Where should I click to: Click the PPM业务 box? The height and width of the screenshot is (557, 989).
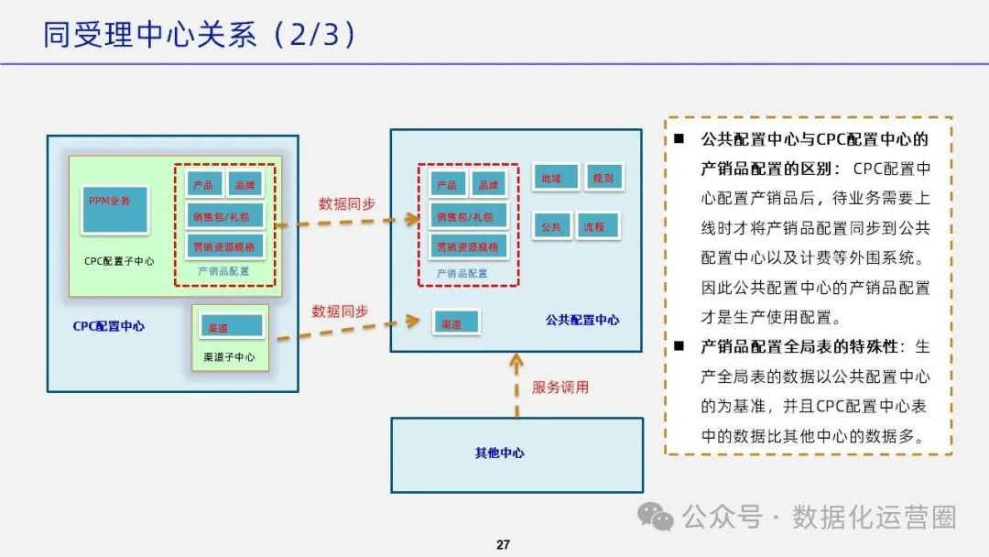114,209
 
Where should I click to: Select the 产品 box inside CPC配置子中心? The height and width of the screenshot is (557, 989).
203,184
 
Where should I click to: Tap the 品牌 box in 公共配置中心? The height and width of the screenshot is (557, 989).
488,184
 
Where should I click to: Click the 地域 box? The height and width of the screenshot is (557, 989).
556,177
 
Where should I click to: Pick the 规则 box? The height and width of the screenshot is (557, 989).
603,177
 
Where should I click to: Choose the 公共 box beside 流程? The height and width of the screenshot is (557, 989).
551,225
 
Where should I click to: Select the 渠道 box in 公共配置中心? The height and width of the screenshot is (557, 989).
455,323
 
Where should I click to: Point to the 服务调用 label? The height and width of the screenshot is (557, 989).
560,388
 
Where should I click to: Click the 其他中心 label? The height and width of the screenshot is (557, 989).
499,453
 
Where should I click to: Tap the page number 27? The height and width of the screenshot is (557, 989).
503,545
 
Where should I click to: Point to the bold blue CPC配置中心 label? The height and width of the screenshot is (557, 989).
108,326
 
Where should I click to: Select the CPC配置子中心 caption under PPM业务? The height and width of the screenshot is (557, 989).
119,261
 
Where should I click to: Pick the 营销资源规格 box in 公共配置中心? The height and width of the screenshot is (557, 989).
467,246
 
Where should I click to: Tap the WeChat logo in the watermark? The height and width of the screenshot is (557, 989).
656,518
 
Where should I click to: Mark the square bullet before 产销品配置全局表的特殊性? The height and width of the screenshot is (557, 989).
679,346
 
